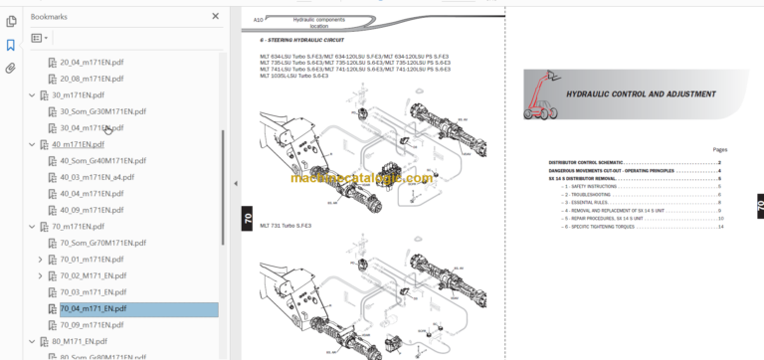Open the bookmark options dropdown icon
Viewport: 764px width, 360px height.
tap(40, 39)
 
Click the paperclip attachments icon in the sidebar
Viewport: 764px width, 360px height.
tap(11, 69)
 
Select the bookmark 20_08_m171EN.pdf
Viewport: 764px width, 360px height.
tap(92, 78)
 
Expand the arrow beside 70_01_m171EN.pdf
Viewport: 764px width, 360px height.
tap(40, 260)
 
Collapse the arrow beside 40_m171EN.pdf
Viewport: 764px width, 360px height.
tap(32, 144)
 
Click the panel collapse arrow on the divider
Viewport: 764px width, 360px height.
tap(235, 183)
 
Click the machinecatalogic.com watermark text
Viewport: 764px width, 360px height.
tap(362, 179)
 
